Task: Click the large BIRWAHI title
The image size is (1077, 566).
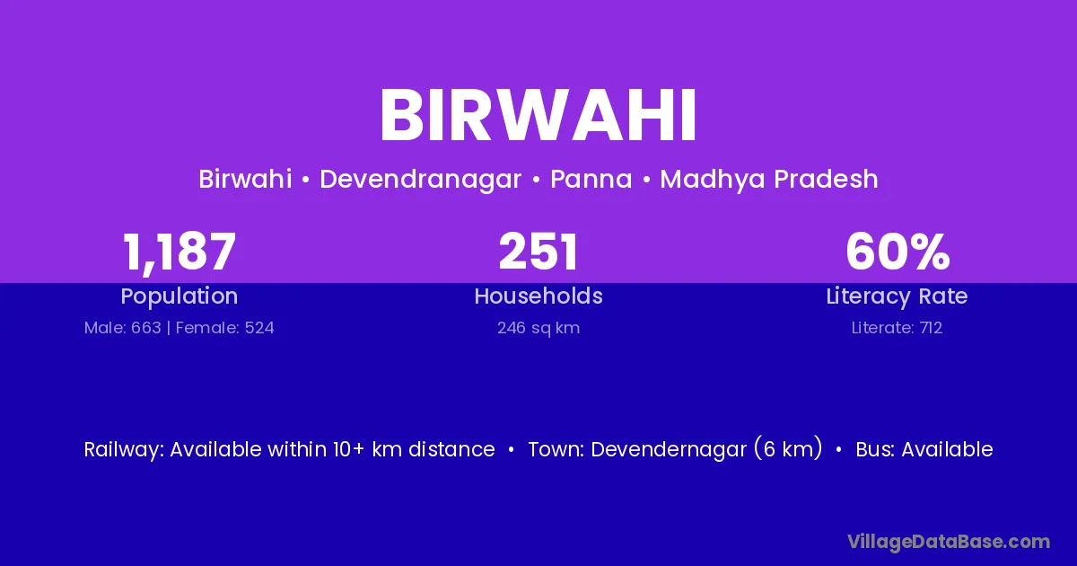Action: (538, 116)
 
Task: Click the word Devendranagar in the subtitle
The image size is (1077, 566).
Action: (421, 179)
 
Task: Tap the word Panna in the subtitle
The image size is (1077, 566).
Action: (591, 179)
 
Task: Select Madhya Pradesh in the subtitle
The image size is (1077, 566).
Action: (769, 179)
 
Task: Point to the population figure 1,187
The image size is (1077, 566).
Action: (179, 252)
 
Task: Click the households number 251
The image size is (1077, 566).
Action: (538, 252)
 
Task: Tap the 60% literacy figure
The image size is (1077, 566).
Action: (897, 252)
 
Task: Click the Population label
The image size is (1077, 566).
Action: (179, 296)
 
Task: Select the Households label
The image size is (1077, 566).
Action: (538, 296)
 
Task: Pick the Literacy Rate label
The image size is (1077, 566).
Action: (897, 296)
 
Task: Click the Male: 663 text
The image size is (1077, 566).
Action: (123, 328)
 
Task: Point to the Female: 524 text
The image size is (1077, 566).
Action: (225, 328)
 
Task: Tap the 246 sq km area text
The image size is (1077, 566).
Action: (538, 328)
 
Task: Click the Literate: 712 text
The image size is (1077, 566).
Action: (897, 328)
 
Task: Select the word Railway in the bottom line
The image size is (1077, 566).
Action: (124, 449)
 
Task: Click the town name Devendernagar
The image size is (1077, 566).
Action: (669, 449)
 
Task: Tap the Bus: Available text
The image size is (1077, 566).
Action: (924, 449)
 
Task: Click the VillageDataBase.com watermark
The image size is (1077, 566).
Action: (949, 542)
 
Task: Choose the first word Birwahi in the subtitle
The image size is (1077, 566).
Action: (245, 179)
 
